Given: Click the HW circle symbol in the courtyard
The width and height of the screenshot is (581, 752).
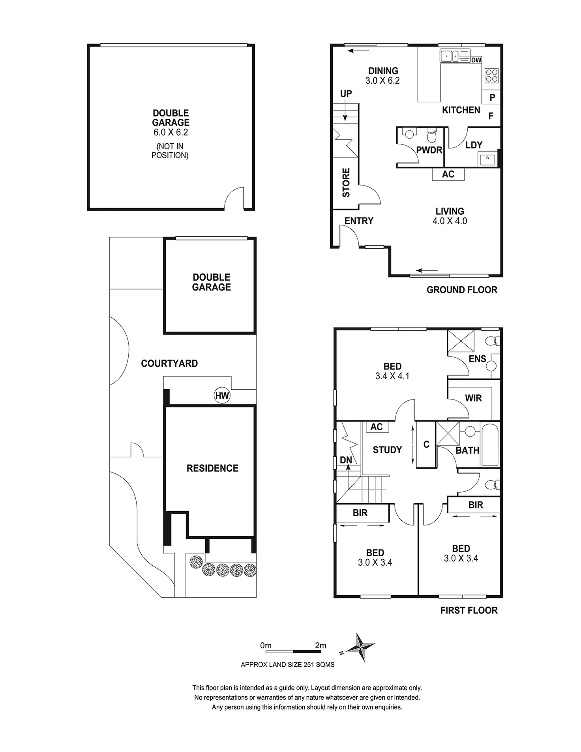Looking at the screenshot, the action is click(x=222, y=396).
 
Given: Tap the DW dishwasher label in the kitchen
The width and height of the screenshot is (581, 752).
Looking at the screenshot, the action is click(x=476, y=60).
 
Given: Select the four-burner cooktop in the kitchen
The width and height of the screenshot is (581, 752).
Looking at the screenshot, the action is click(x=491, y=75).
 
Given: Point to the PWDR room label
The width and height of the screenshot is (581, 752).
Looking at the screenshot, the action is click(x=429, y=150).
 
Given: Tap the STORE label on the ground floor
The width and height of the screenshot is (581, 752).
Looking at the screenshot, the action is click(x=346, y=182).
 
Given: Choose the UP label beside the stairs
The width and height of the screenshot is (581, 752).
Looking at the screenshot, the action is click(x=346, y=94).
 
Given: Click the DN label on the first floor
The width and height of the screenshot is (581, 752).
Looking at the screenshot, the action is click(x=346, y=460).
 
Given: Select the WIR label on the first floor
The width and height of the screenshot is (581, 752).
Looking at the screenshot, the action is click(x=473, y=398).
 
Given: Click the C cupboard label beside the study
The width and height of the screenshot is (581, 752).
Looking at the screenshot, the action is click(x=426, y=444).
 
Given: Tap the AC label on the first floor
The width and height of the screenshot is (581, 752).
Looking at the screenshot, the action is click(x=377, y=427).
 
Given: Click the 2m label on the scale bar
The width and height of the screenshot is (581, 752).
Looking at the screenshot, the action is click(x=320, y=645).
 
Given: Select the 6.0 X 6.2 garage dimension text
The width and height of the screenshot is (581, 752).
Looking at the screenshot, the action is click(x=171, y=132).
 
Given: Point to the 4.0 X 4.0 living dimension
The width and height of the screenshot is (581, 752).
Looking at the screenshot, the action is click(x=450, y=221).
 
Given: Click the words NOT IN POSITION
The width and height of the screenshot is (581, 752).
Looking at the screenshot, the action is click(x=171, y=151).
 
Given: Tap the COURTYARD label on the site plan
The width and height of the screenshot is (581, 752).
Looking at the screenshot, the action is click(x=169, y=364).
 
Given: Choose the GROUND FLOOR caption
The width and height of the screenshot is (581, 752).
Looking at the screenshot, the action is click(x=462, y=290).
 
